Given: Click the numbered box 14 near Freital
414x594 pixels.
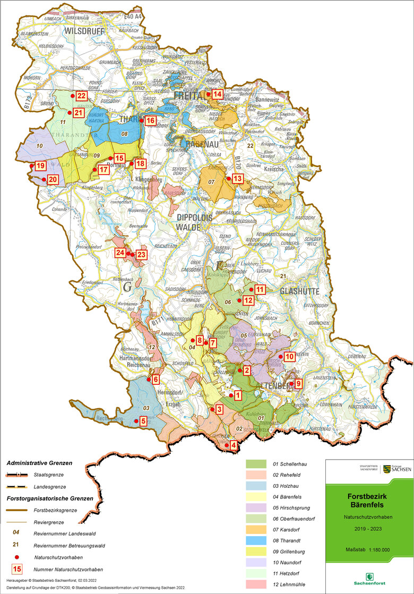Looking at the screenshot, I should click(x=218, y=94).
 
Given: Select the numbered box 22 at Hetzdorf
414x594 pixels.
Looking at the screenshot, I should click(x=81, y=96).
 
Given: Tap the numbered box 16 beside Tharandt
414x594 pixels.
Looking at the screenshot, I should click(x=150, y=121).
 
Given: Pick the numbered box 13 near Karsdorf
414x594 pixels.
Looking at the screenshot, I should click(x=237, y=178).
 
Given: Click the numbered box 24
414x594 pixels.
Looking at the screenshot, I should click(x=120, y=253).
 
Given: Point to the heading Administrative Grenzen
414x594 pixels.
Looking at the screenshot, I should click(x=39, y=463).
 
